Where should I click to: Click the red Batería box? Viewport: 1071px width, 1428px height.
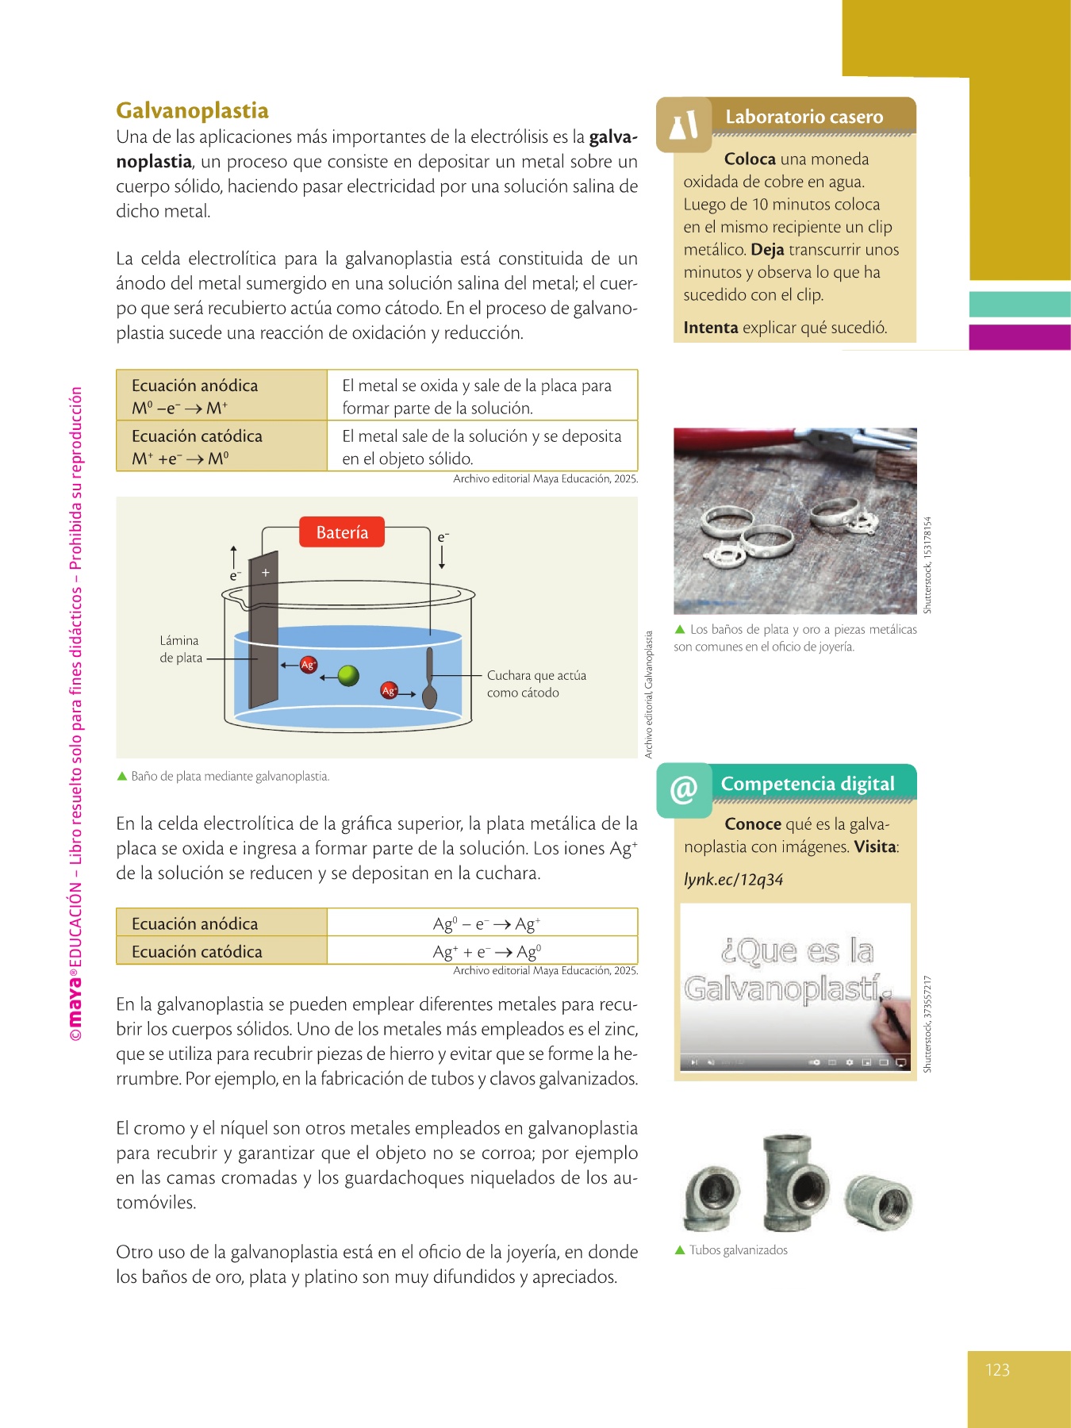342,532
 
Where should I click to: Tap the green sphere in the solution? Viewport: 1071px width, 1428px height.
348,675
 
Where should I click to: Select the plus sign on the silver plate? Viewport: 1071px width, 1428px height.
266,572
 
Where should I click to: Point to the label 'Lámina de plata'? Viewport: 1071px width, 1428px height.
181,649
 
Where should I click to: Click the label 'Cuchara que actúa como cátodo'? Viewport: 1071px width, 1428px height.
536,684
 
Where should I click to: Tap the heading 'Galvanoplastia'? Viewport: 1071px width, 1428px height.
192,110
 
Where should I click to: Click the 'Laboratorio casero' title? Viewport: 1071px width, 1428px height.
804,117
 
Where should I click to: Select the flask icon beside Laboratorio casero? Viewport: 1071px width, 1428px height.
684,125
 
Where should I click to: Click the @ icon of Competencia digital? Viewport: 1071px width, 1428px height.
684,790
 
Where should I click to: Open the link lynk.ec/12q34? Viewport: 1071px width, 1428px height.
734,880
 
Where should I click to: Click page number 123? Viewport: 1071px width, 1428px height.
997,1370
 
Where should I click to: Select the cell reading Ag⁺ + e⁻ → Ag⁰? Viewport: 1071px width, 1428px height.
486,951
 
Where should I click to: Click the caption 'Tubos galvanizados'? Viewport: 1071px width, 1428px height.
738,1250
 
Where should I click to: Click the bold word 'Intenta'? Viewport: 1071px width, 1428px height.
711,328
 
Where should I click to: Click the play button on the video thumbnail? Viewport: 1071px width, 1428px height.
693,1061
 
